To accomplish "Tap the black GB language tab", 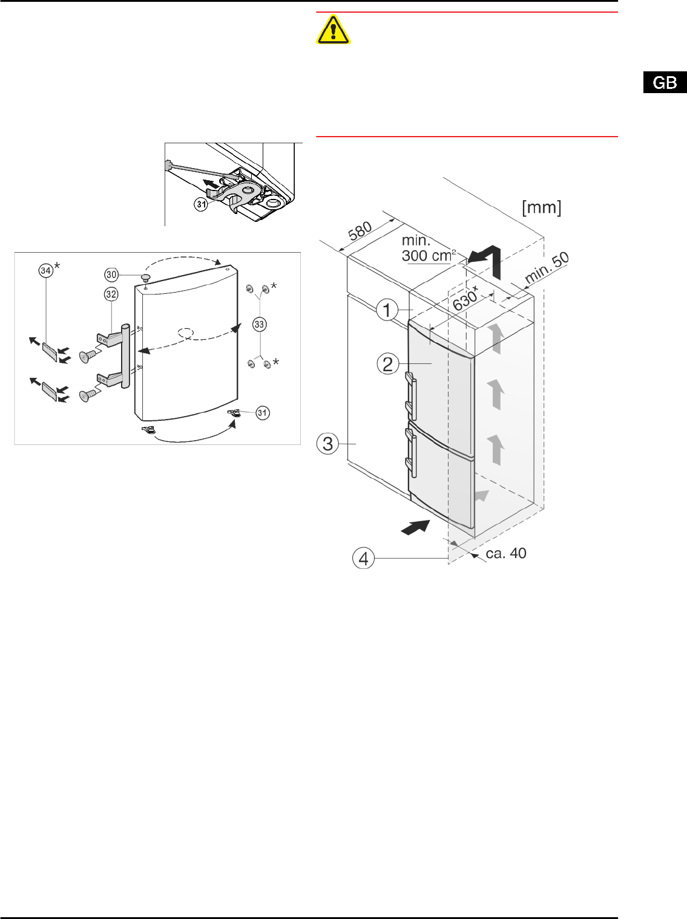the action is coord(665,82).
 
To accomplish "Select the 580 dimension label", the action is coord(360,230).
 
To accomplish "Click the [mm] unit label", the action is coord(542,207).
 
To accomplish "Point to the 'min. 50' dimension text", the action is coord(547,267).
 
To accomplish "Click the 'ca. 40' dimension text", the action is coord(506,553).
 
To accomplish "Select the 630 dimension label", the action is coord(465,298).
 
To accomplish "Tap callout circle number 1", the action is coord(387,311).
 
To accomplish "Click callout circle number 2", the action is coord(388,364).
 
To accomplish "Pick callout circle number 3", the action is coord(328,444).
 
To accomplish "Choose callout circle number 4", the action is coord(363,558).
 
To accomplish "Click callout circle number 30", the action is coord(111,274).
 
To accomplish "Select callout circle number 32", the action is coord(111,294).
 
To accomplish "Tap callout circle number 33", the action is coord(260,325).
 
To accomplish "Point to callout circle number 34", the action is coord(45,271).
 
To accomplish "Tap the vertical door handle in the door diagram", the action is coord(125,356).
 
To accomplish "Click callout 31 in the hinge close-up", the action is coord(202,204).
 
